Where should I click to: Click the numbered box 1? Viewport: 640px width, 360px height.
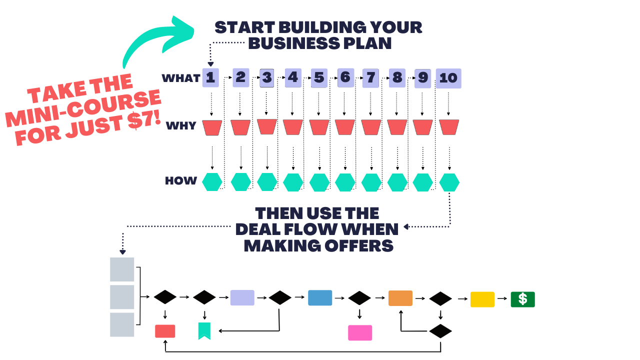pyautogui.click(x=210, y=78)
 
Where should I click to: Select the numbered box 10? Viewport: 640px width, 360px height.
pyautogui.click(x=448, y=78)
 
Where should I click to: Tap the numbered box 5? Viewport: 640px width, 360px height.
pyautogui.click(x=319, y=78)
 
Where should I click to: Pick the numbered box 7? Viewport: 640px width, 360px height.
pyautogui.click(x=370, y=78)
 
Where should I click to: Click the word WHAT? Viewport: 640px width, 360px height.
pyautogui.click(x=180, y=78)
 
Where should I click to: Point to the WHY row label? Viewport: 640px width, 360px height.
pyautogui.click(x=180, y=126)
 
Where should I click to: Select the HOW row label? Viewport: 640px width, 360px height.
pyautogui.click(x=180, y=181)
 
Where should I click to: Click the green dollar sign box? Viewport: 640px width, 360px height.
pyautogui.click(x=522, y=299)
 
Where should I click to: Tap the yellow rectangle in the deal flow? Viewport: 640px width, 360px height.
pyautogui.click(x=482, y=299)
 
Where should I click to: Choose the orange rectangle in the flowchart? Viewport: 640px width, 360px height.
pyautogui.click(x=400, y=298)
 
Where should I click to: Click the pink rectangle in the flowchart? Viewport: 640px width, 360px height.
pyautogui.click(x=360, y=332)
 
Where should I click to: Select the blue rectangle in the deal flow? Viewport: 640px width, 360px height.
pyautogui.click(x=320, y=297)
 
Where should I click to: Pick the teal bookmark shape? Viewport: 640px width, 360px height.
pyautogui.click(x=204, y=330)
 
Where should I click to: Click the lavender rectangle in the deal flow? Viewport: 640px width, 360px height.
pyautogui.click(x=242, y=297)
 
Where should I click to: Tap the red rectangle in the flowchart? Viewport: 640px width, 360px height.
pyautogui.click(x=165, y=331)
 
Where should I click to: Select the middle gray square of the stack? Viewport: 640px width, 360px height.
pyautogui.click(x=122, y=297)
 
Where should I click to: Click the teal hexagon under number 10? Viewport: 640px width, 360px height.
pyautogui.click(x=449, y=182)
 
